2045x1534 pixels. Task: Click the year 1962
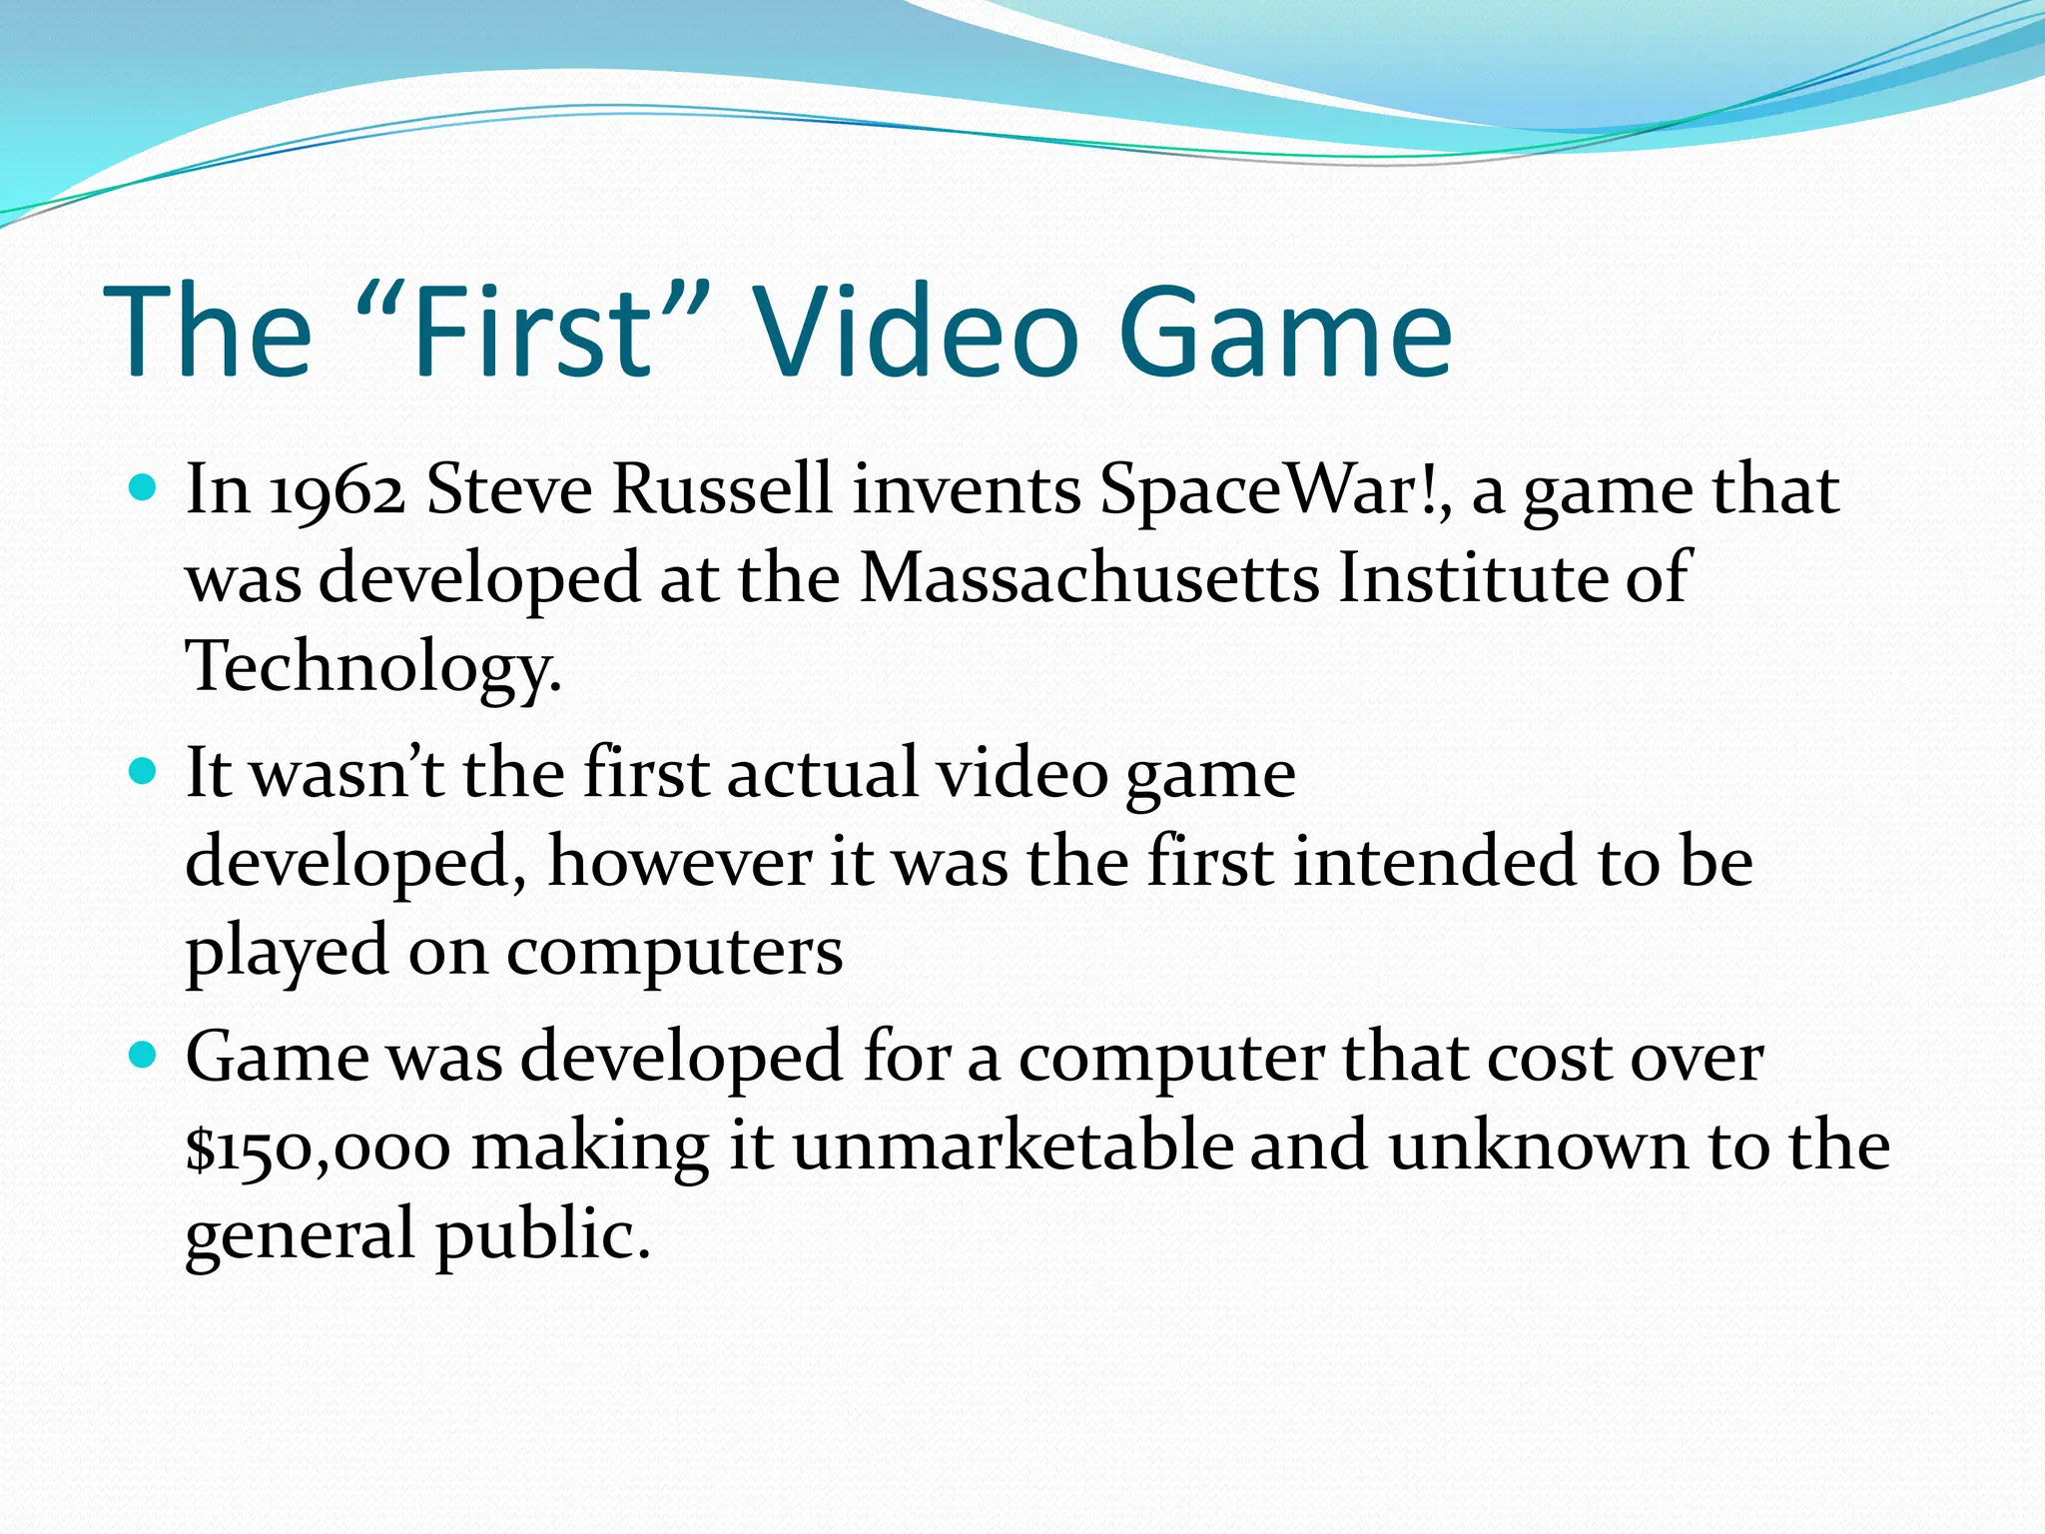click(x=338, y=491)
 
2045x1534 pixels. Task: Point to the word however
click(x=679, y=861)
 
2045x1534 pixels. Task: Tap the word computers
click(x=675, y=951)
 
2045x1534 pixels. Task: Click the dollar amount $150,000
click(x=318, y=1147)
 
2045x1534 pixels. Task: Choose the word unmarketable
click(x=1013, y=1145)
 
